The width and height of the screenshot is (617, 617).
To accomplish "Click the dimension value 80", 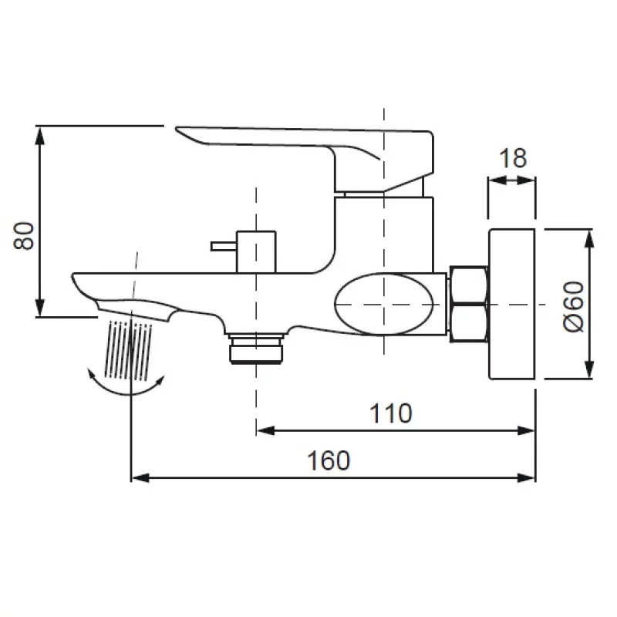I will pos(25,234).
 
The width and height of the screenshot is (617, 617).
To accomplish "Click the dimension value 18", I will pos(512,158).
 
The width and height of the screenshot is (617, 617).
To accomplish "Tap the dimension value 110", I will pos(390,413).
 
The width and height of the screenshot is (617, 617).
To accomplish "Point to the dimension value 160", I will pos(329,460).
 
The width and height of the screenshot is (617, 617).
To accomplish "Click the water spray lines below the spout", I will pos(126,347).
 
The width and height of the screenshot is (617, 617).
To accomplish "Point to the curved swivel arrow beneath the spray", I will pos(127,386).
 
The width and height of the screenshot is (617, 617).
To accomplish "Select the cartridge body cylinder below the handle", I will pos(383,231).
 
